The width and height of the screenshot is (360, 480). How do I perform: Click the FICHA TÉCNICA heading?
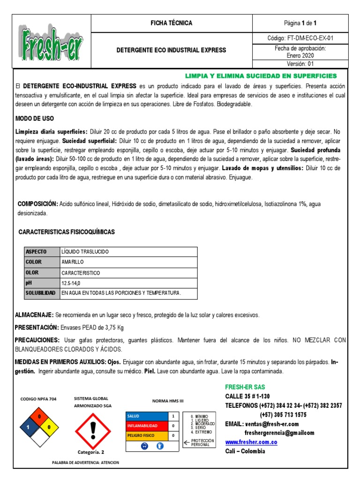tap(171, 23)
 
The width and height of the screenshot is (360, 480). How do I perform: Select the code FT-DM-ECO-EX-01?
tap(300, 38)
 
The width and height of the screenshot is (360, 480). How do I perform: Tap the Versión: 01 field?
tap(300, 64)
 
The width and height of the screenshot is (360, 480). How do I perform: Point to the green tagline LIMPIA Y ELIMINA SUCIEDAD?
tap(261, 75)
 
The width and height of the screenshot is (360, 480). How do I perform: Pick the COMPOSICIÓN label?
tap(37, 204)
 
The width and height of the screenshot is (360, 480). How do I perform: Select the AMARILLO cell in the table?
tap(72, 262)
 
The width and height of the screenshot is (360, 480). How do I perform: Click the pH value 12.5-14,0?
tap(74, 283)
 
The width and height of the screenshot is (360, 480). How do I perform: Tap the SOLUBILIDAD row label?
tap(40, 293)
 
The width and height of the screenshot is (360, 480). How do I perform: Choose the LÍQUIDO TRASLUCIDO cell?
tap(85, 252)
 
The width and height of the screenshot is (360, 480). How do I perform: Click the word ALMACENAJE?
tap(34, 315)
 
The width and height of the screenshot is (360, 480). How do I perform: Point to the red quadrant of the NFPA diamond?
tap(39, 417)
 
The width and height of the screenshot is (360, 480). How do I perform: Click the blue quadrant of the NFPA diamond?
tap(29, 427)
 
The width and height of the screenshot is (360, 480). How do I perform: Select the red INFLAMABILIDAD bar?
tap(146, 426)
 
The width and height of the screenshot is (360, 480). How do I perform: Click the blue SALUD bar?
tap(146, 416)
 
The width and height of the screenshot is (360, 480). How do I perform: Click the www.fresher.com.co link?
tap(251, 442)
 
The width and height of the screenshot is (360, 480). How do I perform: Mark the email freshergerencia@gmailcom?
tap(279, 433)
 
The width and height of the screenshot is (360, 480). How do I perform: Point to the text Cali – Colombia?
tap(245, 451)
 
